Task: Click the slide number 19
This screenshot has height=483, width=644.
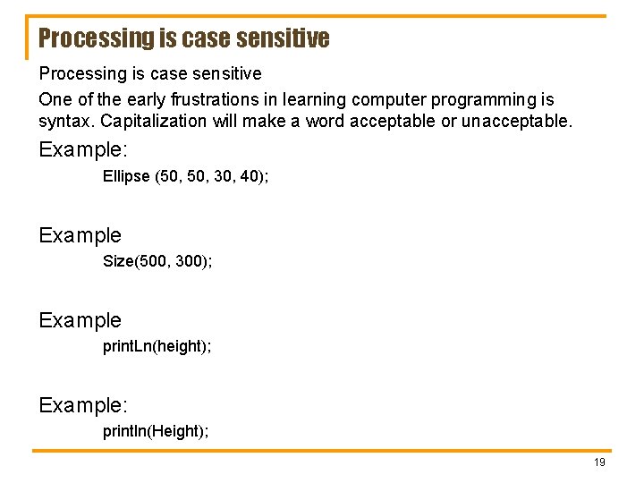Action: click(599, 462)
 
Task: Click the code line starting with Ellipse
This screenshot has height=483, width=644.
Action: click(185, 176)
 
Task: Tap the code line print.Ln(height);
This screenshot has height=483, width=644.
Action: click(157, 346)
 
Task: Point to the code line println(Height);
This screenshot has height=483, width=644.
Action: click(156, 431)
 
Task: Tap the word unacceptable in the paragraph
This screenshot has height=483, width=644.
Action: click(515, 121)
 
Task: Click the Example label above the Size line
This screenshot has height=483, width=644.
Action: click(80, 235)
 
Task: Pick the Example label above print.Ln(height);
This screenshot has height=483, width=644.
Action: click(80, 320)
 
